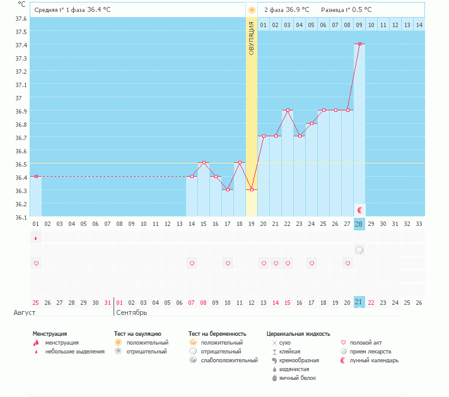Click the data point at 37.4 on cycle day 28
(359, 44)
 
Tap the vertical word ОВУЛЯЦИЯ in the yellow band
(252, 39)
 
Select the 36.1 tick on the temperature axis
(20, 217)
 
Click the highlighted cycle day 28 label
(359, 224)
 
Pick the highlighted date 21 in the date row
(359, 302)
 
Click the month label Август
(23, 312)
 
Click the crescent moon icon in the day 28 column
(360, 210)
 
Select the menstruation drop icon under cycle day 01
(36, 238)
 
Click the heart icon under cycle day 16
(228, 263)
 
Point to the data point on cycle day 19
(252, 190)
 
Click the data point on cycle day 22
(288, 110)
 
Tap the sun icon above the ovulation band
(252, 10)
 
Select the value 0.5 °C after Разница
(361, 9)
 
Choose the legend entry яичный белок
(298, 378)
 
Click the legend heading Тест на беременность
(217, 333)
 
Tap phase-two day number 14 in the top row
(419, 25)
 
